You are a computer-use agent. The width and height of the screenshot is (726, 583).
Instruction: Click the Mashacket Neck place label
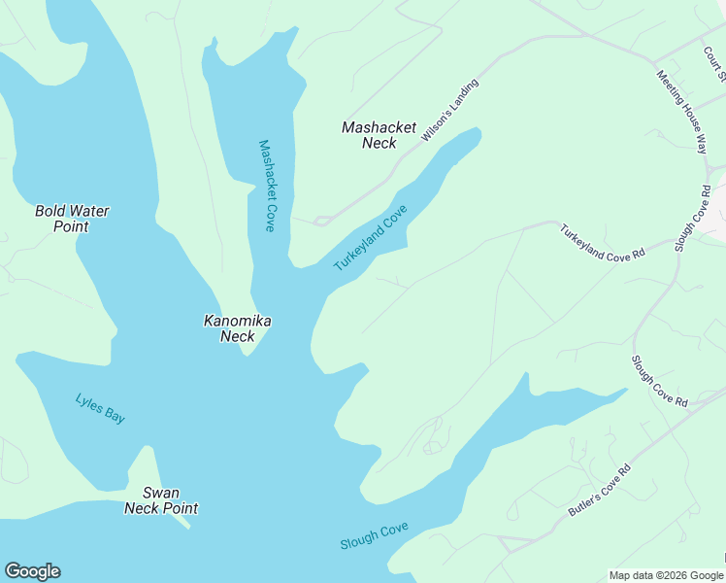[x=379, y=135]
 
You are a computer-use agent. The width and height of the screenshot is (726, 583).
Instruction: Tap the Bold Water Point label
[x=72, y=219]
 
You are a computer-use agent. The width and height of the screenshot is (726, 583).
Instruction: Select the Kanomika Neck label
[x=238, y=328]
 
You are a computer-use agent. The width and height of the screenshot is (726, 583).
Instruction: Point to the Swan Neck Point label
[x=161, y=500]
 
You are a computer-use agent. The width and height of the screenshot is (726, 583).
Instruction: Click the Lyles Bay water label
[x=100, y=407]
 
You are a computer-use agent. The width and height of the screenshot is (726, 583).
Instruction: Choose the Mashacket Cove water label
[x=267, y=186]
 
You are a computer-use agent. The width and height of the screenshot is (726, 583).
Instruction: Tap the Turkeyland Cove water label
[x=370, y=237]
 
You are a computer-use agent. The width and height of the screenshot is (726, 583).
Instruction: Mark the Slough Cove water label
[x=374, y=536]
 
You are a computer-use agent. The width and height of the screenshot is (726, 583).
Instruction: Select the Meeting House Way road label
[x=681, y=111]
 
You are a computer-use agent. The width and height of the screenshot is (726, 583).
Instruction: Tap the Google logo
[x=32, y=571]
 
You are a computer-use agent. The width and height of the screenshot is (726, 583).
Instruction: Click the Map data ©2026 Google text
[x=665, y=575]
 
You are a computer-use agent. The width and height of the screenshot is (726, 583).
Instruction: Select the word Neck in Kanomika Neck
[x=238, y=336]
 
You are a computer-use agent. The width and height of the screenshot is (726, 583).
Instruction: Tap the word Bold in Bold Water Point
[x=51, y=211]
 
